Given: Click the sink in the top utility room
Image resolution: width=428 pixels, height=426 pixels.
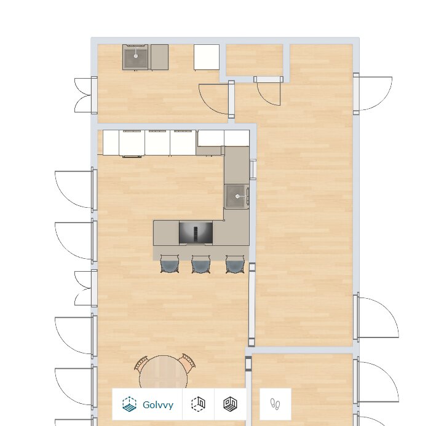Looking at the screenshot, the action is point(135,57).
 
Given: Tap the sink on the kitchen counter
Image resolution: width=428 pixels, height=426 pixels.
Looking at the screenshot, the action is point(236,196).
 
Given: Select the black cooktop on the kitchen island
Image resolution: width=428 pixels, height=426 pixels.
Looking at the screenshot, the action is point(196,233).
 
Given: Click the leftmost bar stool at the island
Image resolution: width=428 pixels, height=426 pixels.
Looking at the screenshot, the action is point(170,264).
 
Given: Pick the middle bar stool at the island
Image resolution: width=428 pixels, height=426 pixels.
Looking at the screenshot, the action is point(201,264).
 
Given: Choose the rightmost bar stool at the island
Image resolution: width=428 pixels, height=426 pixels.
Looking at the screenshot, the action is point(235,264).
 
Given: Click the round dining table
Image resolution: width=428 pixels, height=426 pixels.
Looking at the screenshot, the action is point(163,372).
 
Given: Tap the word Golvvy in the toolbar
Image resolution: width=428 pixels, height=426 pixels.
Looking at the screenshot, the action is point(158,404).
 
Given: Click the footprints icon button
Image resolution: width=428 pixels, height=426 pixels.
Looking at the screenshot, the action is point(275,404).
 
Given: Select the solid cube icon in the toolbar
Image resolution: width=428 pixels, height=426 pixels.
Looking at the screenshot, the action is point(231,404).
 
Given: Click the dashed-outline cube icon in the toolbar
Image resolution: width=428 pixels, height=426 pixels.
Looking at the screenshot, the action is point(199,404).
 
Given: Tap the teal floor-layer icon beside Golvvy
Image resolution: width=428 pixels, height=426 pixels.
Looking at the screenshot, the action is point(129,404).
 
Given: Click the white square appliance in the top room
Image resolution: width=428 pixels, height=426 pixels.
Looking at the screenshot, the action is point(207,57).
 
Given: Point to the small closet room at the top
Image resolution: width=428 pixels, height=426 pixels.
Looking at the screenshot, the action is point(255,60).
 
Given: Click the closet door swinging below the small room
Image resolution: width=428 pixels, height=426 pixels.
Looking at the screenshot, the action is point(269,91).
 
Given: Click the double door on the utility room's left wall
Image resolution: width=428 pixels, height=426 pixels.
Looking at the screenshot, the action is point(85,95).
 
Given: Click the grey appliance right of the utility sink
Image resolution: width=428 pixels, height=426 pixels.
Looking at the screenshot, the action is point(160,57).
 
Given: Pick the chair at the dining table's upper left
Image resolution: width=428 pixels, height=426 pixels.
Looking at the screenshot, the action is point(141,363).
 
